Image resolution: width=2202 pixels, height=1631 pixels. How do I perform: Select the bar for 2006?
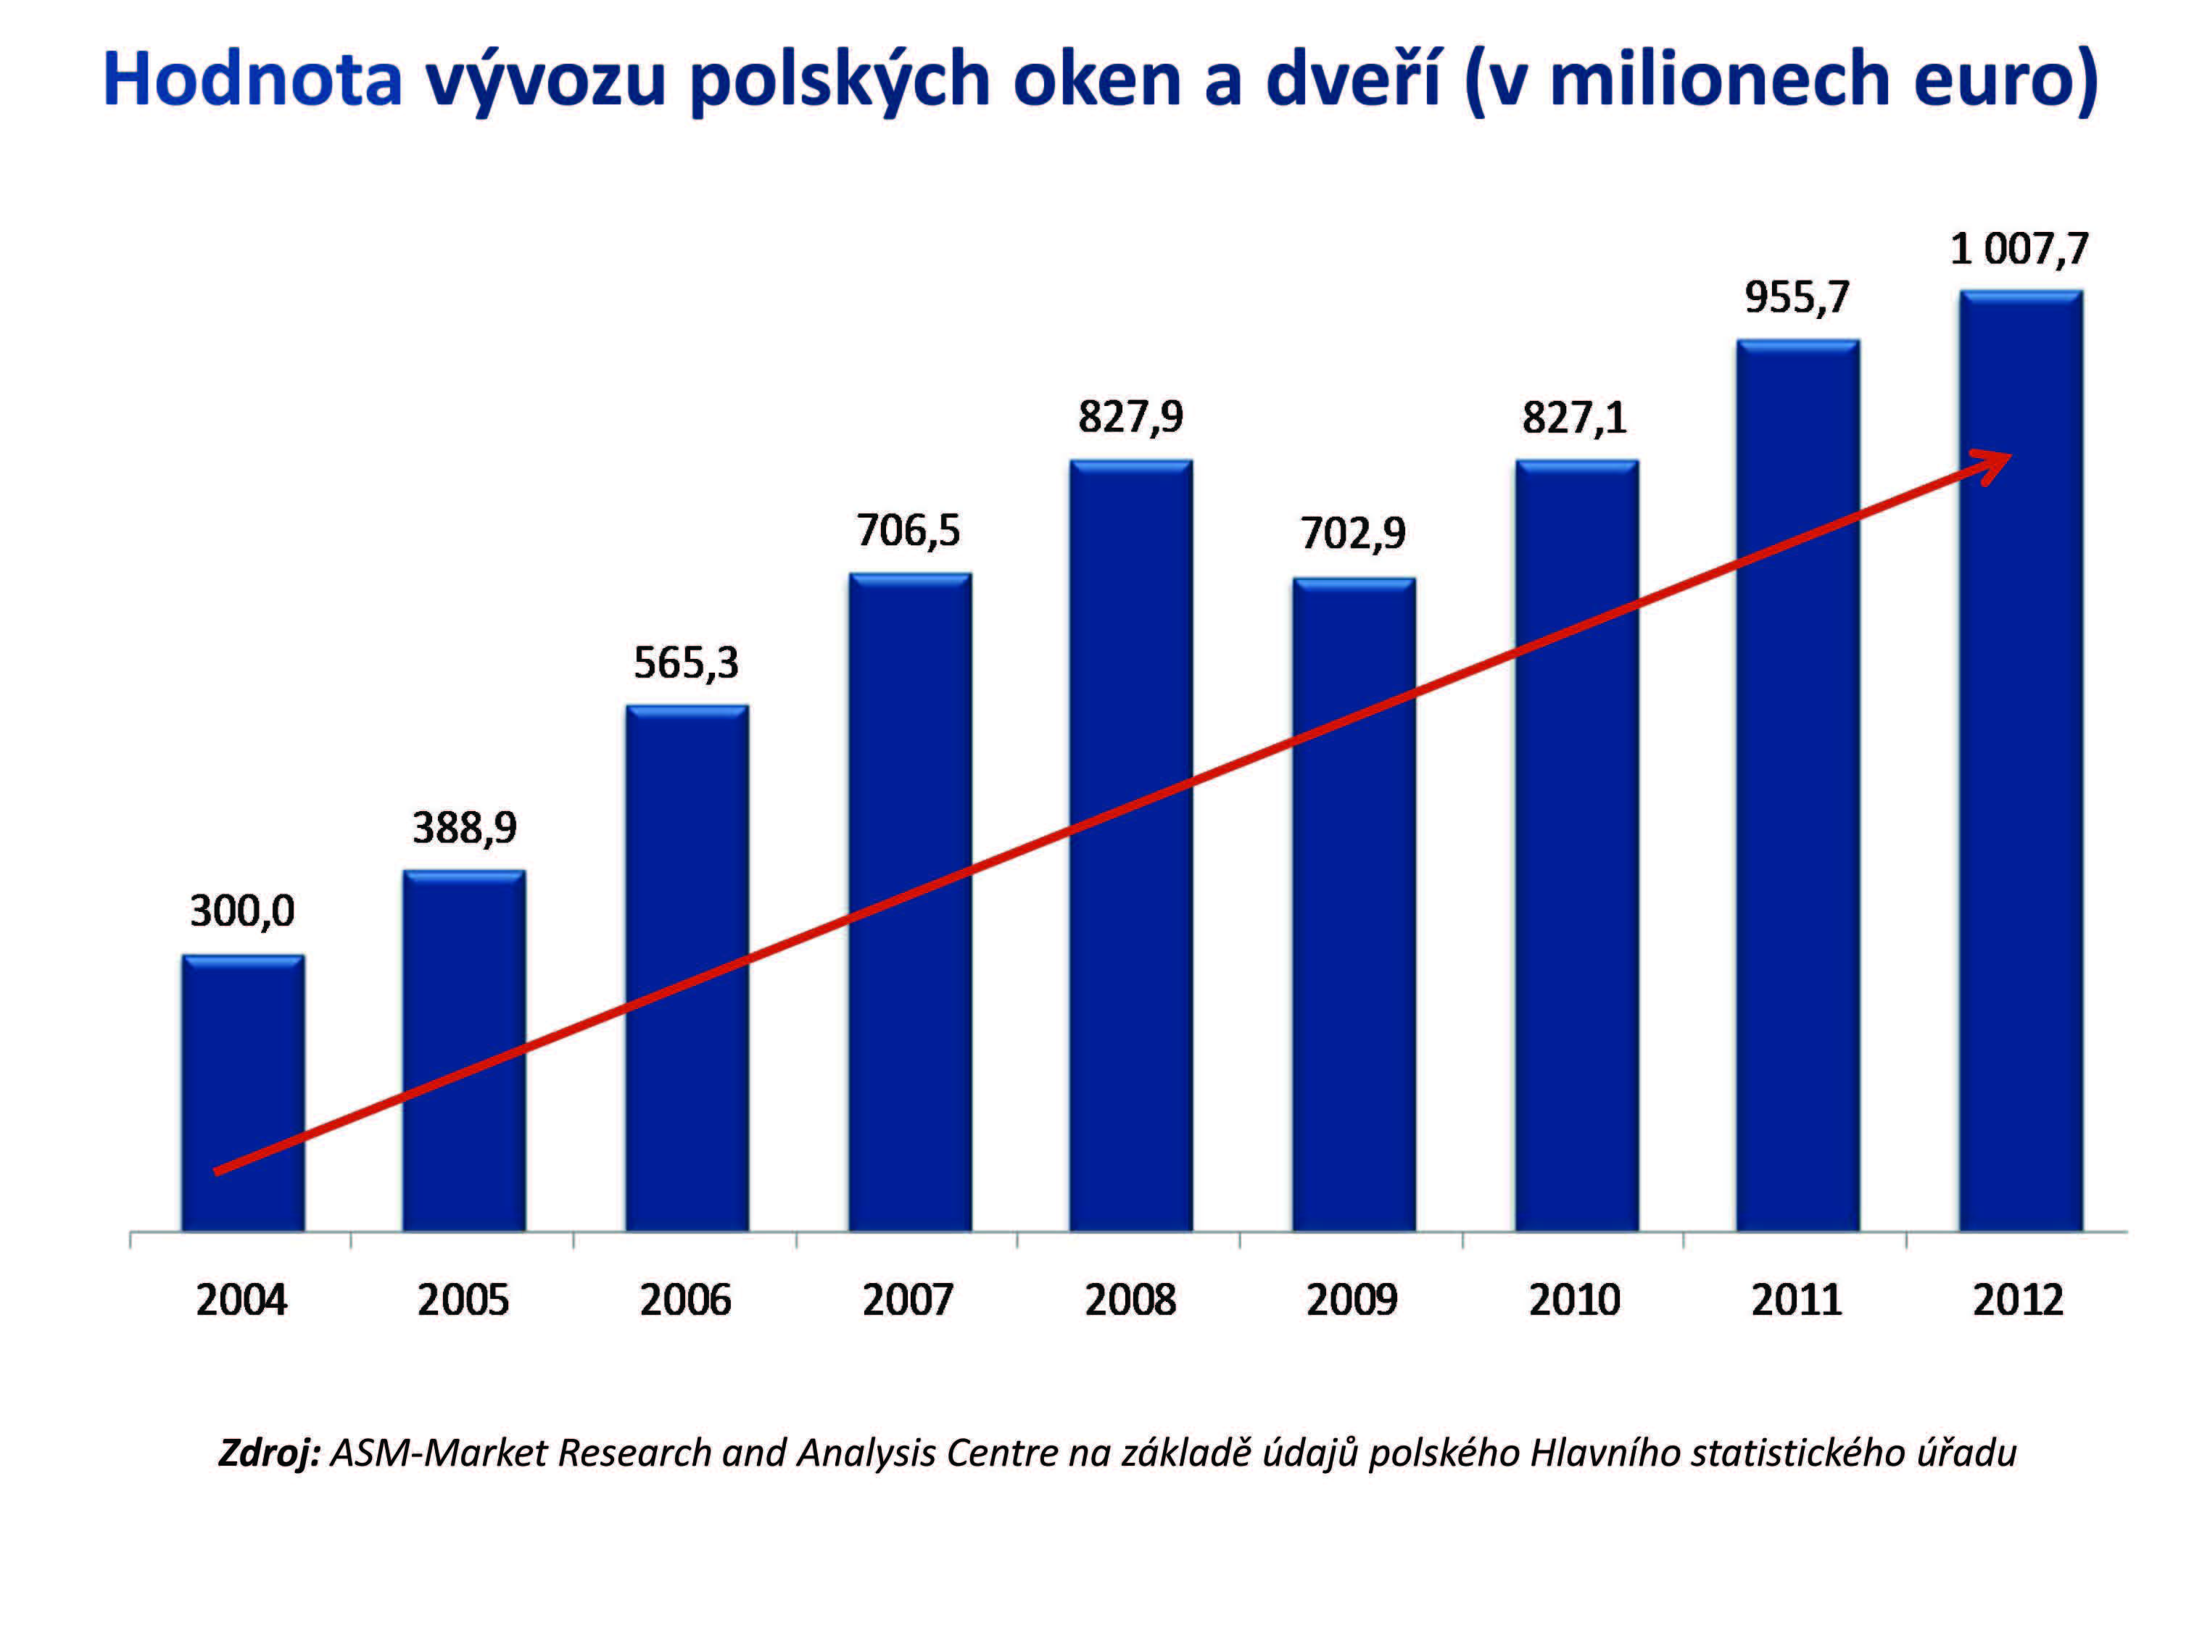(x=687, y=968)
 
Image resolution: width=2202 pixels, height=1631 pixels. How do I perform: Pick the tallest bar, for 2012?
(x=2020, y=760)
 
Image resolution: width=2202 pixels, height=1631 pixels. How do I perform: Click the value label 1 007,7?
(x=2019, y=249)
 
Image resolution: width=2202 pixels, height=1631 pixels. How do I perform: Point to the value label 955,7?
(x=1796, y=297)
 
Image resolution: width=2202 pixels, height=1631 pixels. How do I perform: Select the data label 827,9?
(x=1130, y=417)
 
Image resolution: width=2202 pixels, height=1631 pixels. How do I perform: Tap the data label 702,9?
(x=1353, y=533)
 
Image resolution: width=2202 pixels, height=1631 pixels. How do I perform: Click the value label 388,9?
(x=464, y=827)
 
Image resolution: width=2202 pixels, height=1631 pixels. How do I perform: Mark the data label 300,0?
(x=243, y=911)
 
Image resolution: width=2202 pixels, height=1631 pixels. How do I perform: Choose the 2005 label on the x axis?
(x=463, y=1299)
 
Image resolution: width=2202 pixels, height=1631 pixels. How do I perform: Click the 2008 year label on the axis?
(x=1130, y=1299)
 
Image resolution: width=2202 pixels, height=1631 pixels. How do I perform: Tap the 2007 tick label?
(x=908, y=1299)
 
